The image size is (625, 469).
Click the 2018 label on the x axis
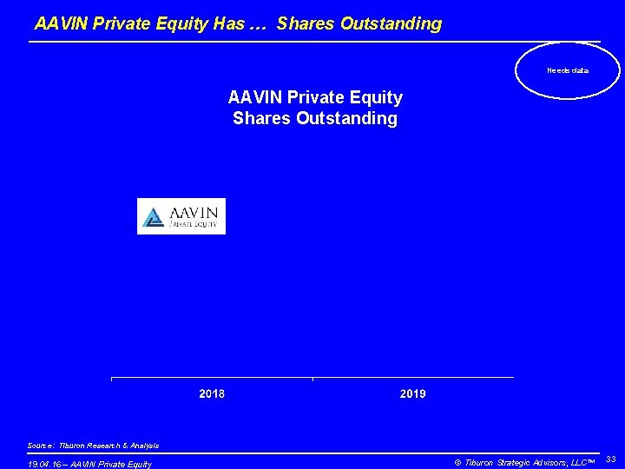[212, 393]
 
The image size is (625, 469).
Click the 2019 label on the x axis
[412, 393]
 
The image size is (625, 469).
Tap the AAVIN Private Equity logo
[181, 216]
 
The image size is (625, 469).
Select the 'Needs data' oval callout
[568, 69]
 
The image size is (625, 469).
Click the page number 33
[610, 458]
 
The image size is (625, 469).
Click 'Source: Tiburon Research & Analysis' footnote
[93, 446]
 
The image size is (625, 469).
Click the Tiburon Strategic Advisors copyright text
[523, 462]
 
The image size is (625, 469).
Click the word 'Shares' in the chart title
[262, 118]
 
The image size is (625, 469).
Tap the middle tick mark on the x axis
[312, 379]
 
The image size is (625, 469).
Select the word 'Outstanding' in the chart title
[346, 118]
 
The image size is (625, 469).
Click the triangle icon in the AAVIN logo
[154, 216]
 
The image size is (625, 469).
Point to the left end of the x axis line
[112, 378]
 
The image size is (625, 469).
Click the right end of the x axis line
[513, 378]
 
